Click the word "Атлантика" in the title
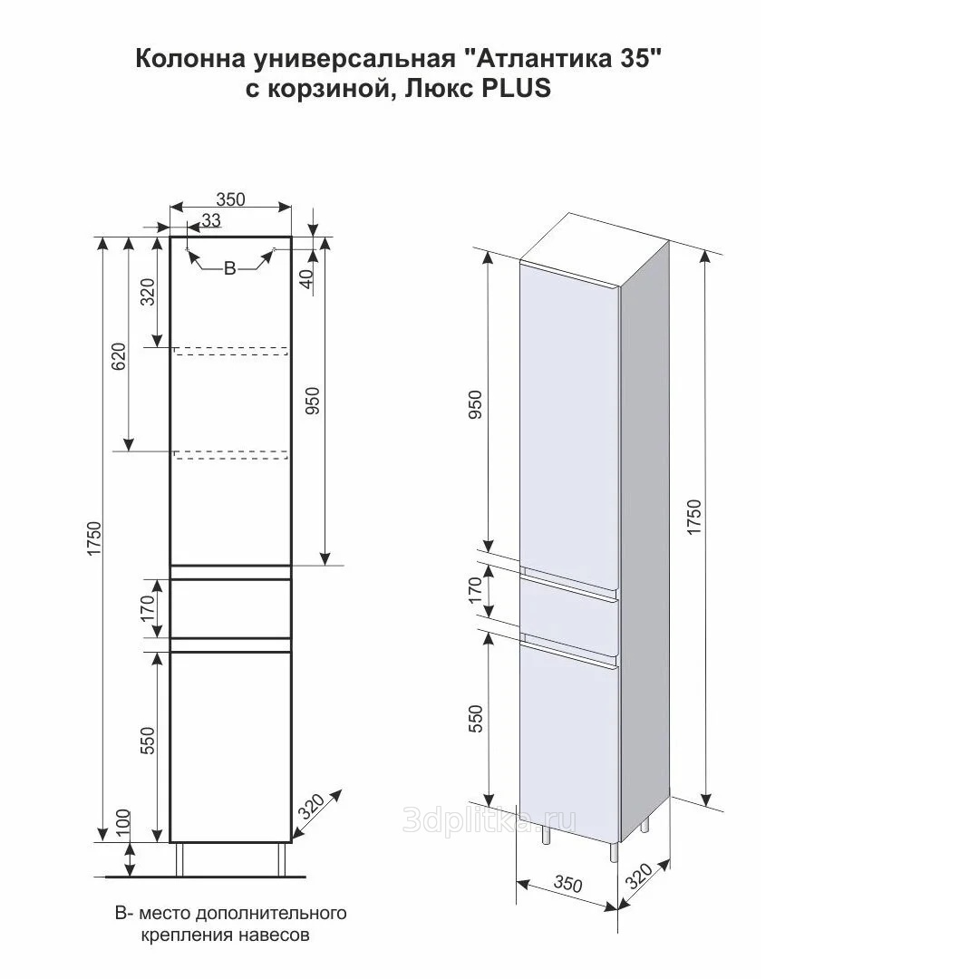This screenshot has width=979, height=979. point(539,59)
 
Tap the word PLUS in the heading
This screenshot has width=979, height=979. point(516,88)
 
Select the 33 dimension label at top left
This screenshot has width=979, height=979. point(211,219)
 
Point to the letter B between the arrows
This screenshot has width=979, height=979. point(229,268)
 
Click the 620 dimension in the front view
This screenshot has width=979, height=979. point(119,356)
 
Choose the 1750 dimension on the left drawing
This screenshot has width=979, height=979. point(93,538)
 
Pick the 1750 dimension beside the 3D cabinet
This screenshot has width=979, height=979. point(693,517)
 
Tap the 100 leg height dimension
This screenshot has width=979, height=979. point(123,822)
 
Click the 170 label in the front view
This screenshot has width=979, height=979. point(148,608)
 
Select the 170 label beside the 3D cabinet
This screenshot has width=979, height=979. point(475,590)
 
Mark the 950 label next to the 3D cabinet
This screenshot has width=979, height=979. point(475,404)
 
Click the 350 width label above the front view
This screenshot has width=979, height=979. point(230,199)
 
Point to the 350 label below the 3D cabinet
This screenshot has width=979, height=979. point(567,884)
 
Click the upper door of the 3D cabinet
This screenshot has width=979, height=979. point(568,424)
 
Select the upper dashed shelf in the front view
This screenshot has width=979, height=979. point(230,351)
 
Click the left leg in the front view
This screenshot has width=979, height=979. point(179,859)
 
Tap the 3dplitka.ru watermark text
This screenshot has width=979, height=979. point(489,820)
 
